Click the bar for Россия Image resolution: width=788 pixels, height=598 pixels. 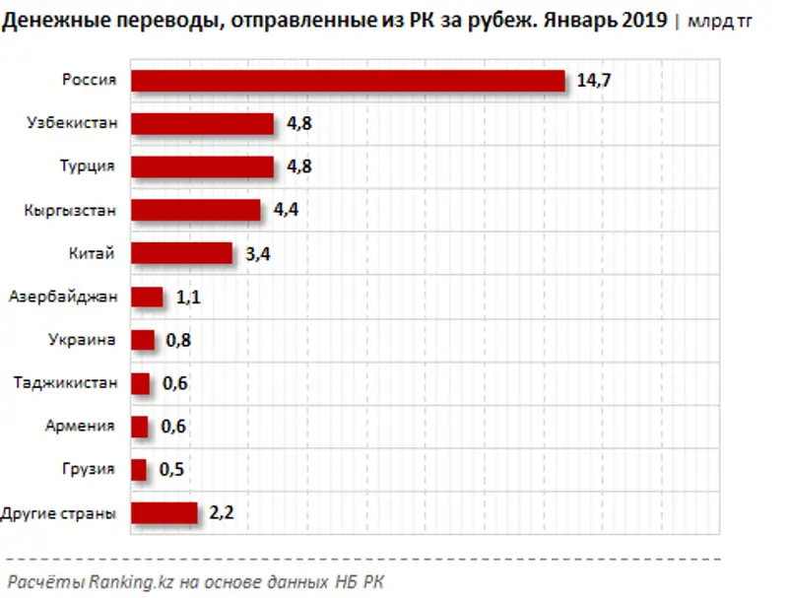[x=348, y=81]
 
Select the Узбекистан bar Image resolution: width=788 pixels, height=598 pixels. [x=202, y=124]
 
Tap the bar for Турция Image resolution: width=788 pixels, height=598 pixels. [x=202, y=167]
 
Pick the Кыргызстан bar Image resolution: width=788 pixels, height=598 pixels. [x=196, y=211]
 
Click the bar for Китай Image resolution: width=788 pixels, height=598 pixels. [x=181, y=253]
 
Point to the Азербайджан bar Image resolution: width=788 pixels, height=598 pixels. [x=147, y=297]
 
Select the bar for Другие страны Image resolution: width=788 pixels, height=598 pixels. [x=164, y=513]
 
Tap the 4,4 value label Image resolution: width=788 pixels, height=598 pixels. [x=287, y=211]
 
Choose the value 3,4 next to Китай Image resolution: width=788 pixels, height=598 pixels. [x=258, y=254]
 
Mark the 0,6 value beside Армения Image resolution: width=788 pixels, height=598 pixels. [x=174, y=427]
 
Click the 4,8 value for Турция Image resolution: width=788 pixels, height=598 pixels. [x=299, y=167]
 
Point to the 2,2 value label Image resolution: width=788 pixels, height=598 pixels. [x=224, y=513]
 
